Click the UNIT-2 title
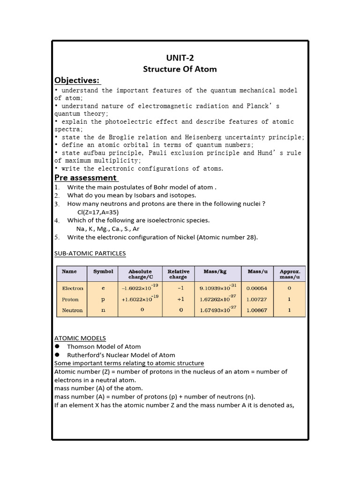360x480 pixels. click(180, 58)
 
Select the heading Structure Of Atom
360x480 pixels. click(180, 69)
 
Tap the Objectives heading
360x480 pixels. click(77, 81)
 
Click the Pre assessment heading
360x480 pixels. click(85, 178)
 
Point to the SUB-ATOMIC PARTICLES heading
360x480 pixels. click(90, 254)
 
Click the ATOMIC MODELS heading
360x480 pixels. click(80, 338)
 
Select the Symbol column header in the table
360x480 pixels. click(103, 271)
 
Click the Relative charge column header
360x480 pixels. click(179, 274)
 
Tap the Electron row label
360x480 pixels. click(73, 288)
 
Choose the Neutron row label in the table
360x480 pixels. click(72, 310)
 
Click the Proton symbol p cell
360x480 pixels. click(103, 300)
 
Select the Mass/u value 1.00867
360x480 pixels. click(257, 310)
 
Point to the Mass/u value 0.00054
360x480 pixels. click(257, 288)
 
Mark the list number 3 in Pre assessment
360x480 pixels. click(56, 204)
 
